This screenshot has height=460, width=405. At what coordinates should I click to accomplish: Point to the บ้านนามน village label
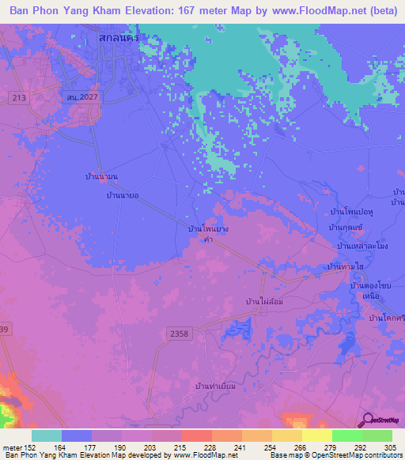pyautogui.click(x=101, y=177)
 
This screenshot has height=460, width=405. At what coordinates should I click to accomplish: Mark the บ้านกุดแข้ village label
pyautogui.click(x=346, y=228)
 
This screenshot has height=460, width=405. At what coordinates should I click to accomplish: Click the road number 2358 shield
pyautogui.click(x=179, y=334)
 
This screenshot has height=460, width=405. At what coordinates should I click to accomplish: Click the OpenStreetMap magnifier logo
pyautogui.click(x=366, y=420)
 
